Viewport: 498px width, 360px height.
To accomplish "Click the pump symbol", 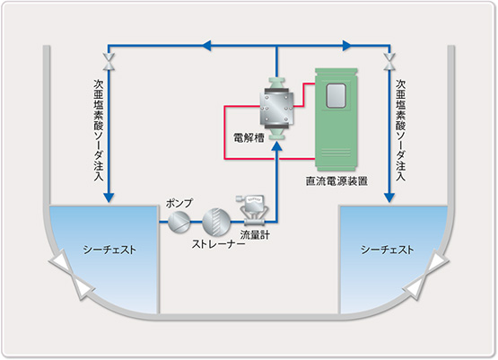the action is (x=179, y=222).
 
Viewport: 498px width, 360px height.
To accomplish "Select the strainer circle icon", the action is (x=216, y=222).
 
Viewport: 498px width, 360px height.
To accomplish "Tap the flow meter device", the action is (x=252, y=210).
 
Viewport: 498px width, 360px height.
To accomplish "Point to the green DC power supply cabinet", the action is (x=336, y=119).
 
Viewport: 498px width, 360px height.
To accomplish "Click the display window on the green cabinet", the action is (x=336, y=95).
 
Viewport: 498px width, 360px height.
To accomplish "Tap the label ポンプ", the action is (x=179, y=203).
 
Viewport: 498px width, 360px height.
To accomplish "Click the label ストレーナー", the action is (x=218, y=244).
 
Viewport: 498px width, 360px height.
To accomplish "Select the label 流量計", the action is (x=255, y=235).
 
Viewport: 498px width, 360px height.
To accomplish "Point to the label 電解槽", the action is (x=249, y=138).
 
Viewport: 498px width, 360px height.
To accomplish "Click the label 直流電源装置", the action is (x=336, y=181).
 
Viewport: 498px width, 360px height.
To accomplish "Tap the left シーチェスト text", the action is (x=109, y=250).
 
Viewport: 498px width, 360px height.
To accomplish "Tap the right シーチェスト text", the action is (x=387, y=250).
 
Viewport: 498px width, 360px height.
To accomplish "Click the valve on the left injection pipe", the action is (x=109, y=62).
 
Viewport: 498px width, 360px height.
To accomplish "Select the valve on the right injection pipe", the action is (x=389, y=62).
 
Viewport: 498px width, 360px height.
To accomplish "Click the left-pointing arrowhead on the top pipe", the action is (x=207, y=46).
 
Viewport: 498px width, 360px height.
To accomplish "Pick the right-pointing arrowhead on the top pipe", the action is (x=347, y=46).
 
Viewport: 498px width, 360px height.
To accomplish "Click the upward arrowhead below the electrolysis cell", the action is (x=277, y=146).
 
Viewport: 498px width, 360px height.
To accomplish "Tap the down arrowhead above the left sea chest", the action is (x=109, y=198).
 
